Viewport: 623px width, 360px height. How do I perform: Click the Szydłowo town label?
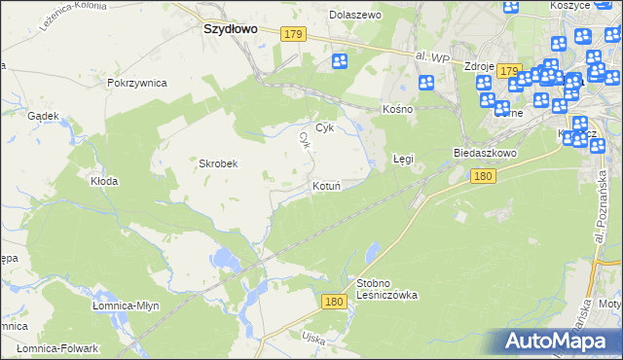pos(230,29)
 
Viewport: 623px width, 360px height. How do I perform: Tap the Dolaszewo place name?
pos(355,16)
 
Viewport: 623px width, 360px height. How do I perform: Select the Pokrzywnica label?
pos(137,83)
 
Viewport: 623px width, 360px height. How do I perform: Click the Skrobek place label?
pos(219,164)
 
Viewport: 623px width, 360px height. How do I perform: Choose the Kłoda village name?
pos(104,181)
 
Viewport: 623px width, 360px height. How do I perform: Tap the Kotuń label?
pos(325,185)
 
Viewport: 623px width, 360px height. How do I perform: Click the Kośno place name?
pos(397,109)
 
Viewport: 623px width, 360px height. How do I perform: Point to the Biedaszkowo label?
pos(484,154)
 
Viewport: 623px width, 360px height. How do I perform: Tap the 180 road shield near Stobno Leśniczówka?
pos(334,303)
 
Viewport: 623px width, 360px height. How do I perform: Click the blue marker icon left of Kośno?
pos(340,61)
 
